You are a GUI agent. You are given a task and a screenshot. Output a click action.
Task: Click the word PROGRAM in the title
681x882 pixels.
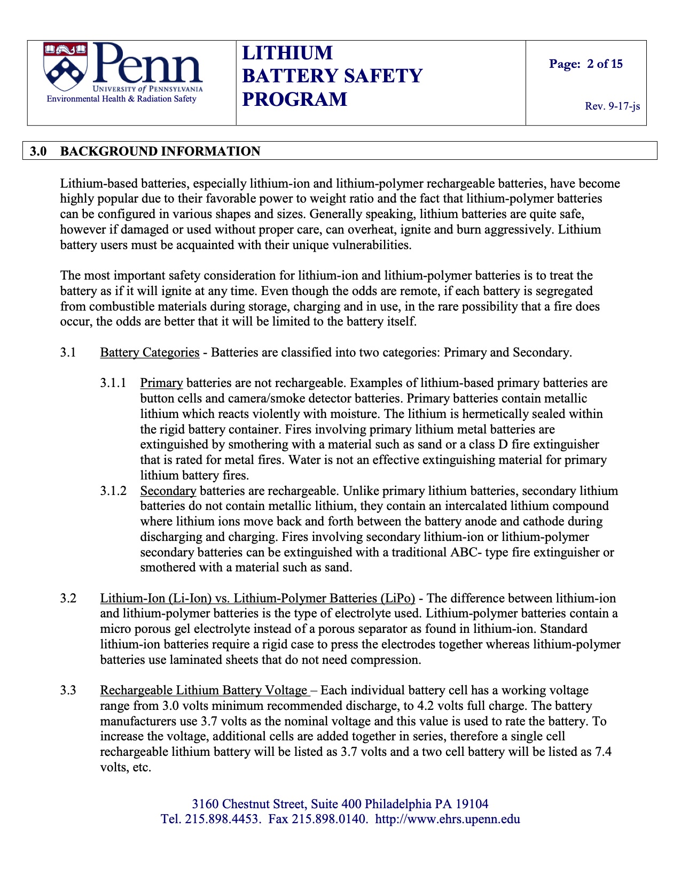[294, 99]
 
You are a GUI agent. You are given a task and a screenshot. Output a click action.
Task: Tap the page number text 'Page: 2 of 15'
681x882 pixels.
[586, 64]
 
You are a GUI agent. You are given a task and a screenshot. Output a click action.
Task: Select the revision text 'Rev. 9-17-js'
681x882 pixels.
[612, 106]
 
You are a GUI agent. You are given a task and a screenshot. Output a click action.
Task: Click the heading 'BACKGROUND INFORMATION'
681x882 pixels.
[160, 151]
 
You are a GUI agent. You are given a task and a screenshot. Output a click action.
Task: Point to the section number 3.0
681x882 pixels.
[38, 151]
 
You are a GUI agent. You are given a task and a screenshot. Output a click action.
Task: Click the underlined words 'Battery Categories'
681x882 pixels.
[150, 353]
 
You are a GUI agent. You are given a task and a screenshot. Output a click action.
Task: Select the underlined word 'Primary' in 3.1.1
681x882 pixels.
[161, 383]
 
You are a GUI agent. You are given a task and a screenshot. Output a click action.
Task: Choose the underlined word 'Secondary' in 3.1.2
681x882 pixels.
[168, 491]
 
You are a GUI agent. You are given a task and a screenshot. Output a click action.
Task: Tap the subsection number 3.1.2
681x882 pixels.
[113, 491]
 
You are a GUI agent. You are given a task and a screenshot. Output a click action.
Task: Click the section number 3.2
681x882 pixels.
[68, 599]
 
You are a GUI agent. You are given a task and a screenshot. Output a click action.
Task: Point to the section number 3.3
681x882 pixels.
[68, 691]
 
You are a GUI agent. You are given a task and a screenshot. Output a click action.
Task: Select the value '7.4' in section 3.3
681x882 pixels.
[603, 752]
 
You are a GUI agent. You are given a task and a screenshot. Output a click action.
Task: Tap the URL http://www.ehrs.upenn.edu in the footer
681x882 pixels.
[448, 819]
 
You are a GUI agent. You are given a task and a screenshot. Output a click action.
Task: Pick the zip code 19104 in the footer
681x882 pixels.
[472, 804]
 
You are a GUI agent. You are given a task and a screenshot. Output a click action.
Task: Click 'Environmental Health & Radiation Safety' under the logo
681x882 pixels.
[122, 99]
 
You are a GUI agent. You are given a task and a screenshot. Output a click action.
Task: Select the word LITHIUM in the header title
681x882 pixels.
[287, 53]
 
